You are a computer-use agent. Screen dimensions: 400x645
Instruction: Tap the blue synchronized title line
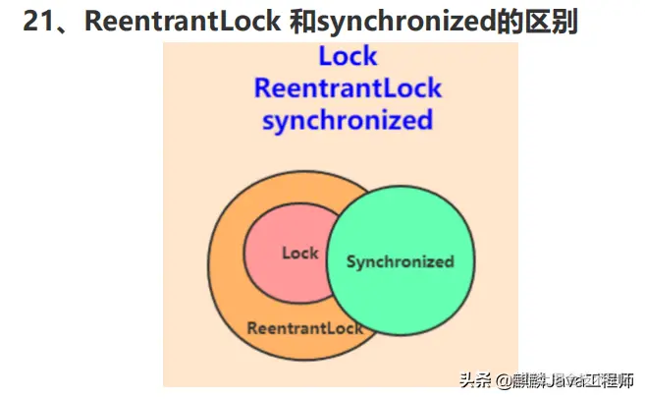point(347,120)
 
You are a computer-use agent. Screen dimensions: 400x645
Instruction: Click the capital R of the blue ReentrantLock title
point(262,87)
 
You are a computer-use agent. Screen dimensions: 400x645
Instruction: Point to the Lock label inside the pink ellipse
point(299,253)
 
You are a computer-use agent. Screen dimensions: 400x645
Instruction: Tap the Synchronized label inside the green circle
point(400,261)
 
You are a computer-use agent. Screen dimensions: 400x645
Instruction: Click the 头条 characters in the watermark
point(475,379)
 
